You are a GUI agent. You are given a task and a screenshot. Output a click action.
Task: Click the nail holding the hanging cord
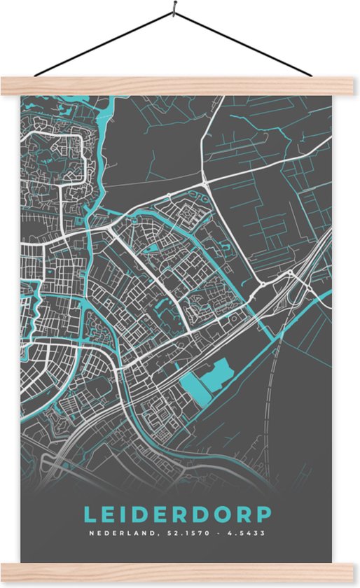click(172, 10)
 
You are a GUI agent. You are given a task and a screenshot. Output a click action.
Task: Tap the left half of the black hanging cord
click(105, 43)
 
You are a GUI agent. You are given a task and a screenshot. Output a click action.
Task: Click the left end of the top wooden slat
click(6, 86)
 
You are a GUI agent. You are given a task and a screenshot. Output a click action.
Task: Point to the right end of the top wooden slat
click(354, 86)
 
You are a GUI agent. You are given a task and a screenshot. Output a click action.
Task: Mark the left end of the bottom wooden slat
click(6, 572)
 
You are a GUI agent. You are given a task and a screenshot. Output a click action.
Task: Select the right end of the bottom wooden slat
click(354, 572)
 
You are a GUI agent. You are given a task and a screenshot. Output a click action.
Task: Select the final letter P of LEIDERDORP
click(264, 514)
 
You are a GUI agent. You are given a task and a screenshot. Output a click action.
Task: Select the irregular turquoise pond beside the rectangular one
click(219, 375)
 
